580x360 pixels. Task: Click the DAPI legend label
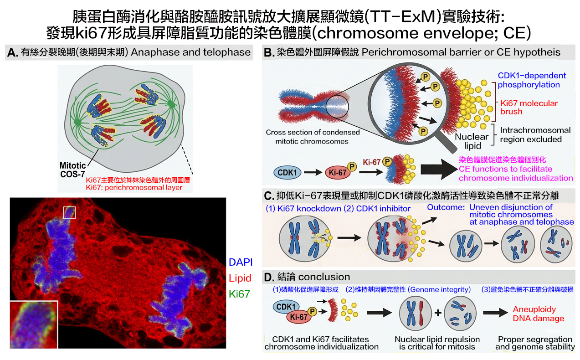click(x=241, y=262)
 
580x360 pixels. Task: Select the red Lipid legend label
click(x=240, y=278)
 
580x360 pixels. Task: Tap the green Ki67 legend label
click(x=240, y=294)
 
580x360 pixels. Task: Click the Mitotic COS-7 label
click(x=72, y=170)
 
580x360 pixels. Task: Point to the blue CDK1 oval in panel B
click(x=287, y=173)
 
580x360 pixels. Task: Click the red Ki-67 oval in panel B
click(x=338, y=173)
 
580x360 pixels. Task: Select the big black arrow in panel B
click(x=439, y=170)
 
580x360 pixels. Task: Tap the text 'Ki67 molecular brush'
click(x=529, y=107)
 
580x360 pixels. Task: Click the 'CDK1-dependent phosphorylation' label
click(x=532, y=80)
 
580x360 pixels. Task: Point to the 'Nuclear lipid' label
click(x=472, y=141)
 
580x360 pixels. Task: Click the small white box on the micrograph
click(x=69, y=213)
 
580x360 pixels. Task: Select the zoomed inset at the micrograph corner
click(x=34, y=324)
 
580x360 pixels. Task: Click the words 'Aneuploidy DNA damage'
click(x=539, y=314)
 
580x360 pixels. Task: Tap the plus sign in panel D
click(x=438, y=313)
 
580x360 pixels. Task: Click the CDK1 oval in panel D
click(x=286, y=307)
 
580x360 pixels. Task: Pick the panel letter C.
click(x=269, y=196)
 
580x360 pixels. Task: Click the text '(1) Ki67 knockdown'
click(x=303, y=209)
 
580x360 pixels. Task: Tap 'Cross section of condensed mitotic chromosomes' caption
click(x=313, y=137)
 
